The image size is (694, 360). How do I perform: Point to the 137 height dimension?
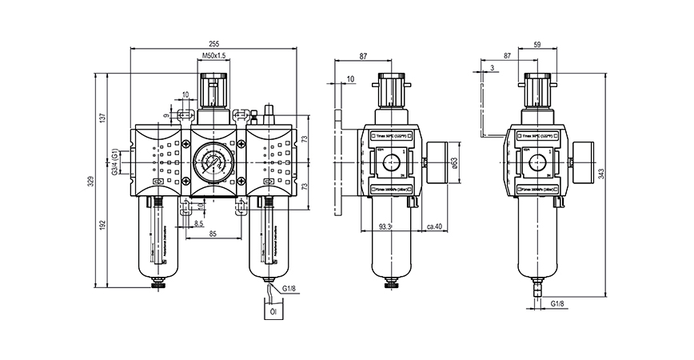tap(102, 117)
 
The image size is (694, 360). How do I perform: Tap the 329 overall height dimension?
tap(91, 182)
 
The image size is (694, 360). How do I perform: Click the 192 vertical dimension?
tap(102, 227)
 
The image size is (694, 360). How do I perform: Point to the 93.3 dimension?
tap(385, 227)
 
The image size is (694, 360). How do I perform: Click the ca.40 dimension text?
tap(436, 227)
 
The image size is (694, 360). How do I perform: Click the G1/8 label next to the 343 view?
tap(558, 305)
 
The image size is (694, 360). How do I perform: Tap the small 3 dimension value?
tap(493, 67)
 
